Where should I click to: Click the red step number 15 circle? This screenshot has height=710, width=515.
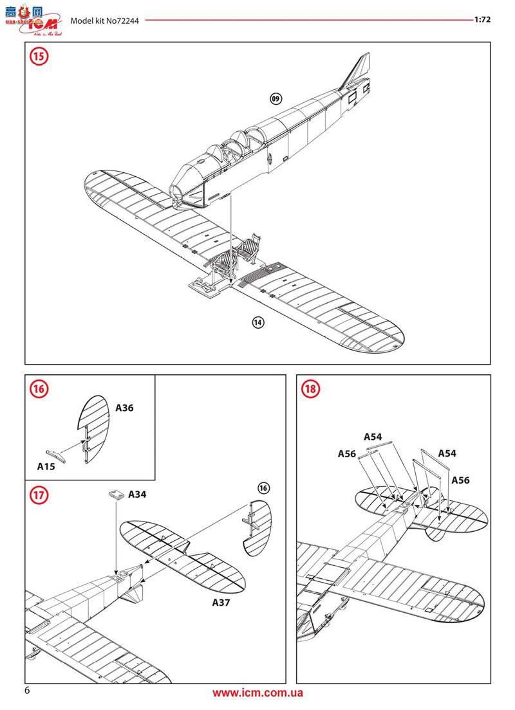[x=39, y=57]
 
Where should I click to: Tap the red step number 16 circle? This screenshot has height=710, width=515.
[x=39, y=389]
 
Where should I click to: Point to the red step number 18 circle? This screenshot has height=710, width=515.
[x=311, y=389]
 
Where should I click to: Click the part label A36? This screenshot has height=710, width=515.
[x=124, y=408]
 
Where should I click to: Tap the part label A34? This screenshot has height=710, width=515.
[x=137, y=495]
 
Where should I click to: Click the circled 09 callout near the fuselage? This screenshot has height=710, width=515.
[x=276, y=98]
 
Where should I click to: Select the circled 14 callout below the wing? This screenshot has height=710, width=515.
[x=258, y=323]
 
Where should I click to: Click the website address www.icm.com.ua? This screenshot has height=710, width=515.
[x=257, y=693]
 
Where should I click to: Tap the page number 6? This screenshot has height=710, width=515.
[x=27, y=691]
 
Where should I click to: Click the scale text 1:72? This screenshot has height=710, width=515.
[x=482, y=19]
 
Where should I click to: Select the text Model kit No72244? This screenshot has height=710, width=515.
[x=106, y=20]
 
